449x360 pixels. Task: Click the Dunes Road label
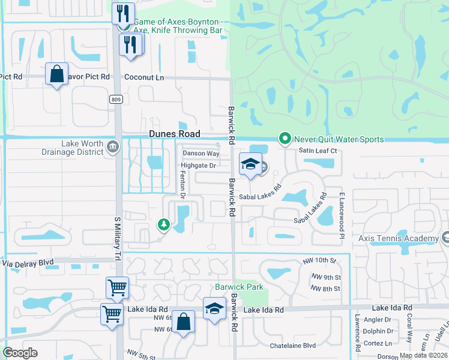point(174,135)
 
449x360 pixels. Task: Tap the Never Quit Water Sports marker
point(285,139)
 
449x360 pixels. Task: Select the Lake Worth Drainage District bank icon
point(112,148)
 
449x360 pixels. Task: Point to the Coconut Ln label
point(144,77)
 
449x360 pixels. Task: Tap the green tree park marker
point(163,224)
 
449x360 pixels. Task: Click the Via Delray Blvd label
point(28,262)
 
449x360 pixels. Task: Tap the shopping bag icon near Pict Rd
point(56,74)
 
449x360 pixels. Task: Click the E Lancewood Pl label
point(340,215)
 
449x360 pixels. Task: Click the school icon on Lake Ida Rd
point(214,308)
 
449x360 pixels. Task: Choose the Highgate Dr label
point(198,166)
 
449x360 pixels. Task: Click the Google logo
point(20,352)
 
